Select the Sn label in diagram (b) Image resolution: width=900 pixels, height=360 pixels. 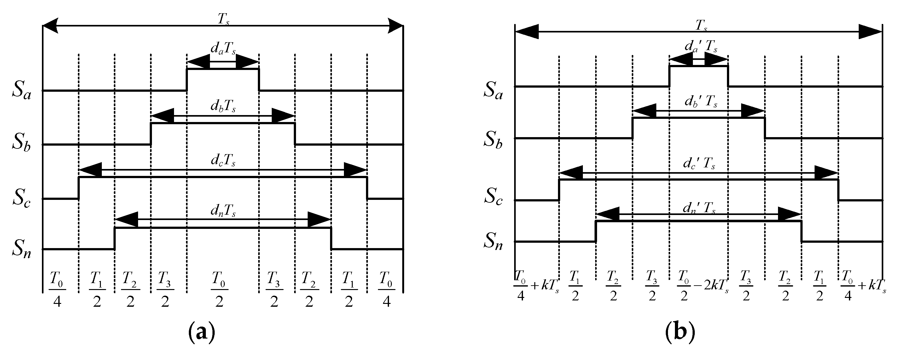pyautogui.click(x=493, y=241)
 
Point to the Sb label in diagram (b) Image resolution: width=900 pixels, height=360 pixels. pyautogui.click(x=493, y=139)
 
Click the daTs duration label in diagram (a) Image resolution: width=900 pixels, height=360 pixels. pyautogui.click(x=223, y=49)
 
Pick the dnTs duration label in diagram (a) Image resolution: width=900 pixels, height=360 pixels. pyautogui.click(x=223, y=211)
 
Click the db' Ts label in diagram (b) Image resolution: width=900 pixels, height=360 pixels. pyautogui.click(x=701, y=102)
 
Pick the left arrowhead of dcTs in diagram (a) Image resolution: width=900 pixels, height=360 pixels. pyautogui.click(x=90, y=170)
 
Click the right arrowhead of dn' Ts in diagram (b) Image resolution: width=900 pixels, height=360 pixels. pyautogui.click(x=789, y=214)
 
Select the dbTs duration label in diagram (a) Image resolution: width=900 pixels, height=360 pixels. pyautogui.click(x=223, y=107)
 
